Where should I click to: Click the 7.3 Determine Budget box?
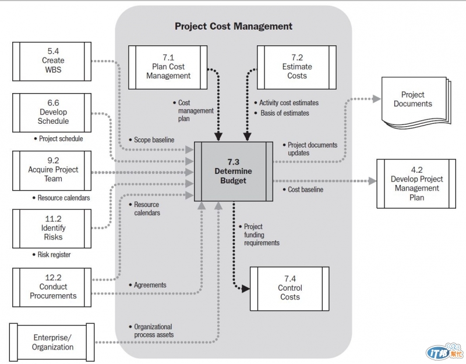(233, 172)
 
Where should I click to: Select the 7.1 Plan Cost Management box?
(168, 66)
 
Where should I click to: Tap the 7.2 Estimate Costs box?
(297, 66)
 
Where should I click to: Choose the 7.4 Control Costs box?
(290, 288)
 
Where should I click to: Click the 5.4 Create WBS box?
(53, 60)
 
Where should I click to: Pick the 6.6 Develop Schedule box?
(53, 112)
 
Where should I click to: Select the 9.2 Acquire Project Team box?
(53, 170)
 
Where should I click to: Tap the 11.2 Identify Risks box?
(53, 228)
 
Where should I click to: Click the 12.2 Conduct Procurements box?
(53, 287)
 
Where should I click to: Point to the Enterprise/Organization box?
(53, 342)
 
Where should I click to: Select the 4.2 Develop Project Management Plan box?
(416, 184)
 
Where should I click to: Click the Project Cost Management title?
(234, 26)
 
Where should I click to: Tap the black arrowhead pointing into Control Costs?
(246, 288)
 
